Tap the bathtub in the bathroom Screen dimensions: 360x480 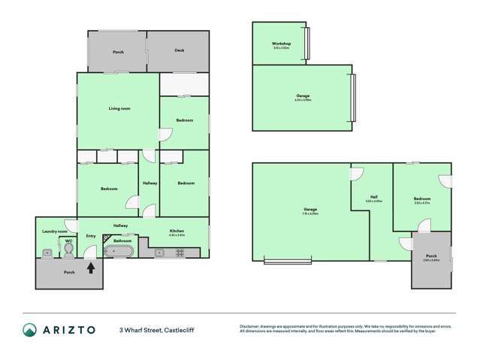(x=119, y=252)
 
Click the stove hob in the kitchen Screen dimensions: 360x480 (x=180, y=253)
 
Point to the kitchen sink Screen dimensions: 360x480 (x=159, y=253)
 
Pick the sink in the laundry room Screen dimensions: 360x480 (x=47, y=253)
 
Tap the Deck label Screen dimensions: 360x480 (x=179, y=50)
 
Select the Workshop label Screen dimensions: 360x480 (x=282, y=44)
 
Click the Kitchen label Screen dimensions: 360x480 (x=177, y=231)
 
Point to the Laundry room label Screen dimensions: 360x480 (x=55, y=231)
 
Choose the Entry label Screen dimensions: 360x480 (x=91, y=236)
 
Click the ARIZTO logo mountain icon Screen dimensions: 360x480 (x=30, y=329)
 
